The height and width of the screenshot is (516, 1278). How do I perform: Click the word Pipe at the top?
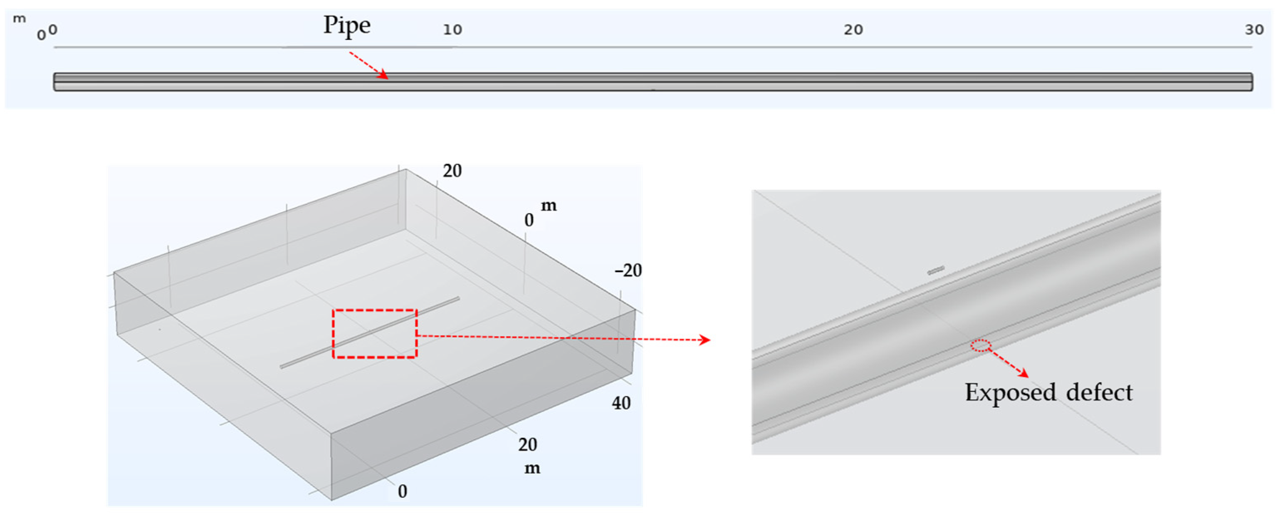click(x=347, y=25)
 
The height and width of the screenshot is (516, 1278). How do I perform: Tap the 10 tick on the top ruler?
click(x=452, y=30)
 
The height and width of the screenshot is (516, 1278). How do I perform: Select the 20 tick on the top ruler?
click(x=853, y=30)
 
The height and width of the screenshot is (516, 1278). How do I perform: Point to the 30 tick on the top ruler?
click(x=1254, y=30)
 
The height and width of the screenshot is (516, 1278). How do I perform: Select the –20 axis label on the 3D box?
click(x=628, y=270)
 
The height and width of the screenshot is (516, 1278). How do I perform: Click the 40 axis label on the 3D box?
click(x=621, y=403)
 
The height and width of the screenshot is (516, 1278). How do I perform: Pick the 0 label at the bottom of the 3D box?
click(x=402, y=491)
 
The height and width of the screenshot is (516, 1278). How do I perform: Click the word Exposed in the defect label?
click(x=1010, y=393)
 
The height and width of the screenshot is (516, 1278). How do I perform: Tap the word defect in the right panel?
click(x=1100, y=393)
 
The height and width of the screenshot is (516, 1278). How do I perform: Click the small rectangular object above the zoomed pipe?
click(x=936, y=270)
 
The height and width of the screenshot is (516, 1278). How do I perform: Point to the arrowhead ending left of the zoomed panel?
click(x=705, y=340)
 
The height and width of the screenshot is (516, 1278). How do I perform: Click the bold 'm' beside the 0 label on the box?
click(x=548, y=206)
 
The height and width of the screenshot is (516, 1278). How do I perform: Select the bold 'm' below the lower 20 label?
click(x=532, y=468)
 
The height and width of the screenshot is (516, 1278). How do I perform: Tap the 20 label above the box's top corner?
click(x=452, y=171)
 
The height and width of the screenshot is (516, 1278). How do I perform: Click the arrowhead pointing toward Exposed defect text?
click(x=1024, y=373)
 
